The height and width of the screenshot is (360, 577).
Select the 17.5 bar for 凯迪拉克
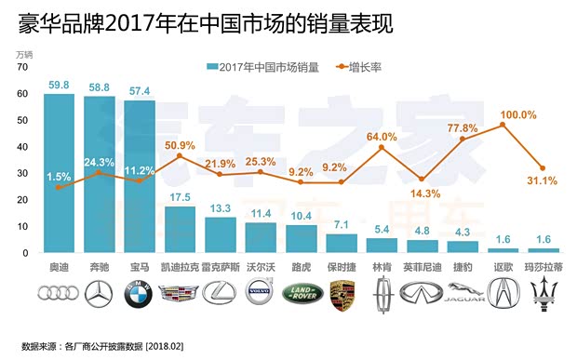180,229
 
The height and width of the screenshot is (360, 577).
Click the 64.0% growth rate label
382,137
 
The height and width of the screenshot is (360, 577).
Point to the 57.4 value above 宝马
140,89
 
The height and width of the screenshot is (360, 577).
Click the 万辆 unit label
25,55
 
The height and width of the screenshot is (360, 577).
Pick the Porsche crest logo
342,295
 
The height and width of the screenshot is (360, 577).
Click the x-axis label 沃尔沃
261,266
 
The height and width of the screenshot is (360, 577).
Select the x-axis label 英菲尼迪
423,266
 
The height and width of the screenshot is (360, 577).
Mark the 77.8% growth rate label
463,127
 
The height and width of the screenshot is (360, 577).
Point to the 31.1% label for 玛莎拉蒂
542,180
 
